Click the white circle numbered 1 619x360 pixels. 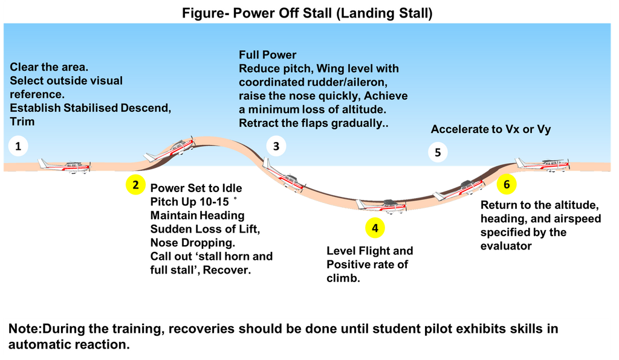(x=19, y=146)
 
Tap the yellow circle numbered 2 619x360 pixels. (x=135, y=185)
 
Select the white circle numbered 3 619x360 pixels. (x=276, y=146)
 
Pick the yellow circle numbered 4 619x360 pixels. (x=375, y=228)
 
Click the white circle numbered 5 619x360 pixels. (x=438, y=152)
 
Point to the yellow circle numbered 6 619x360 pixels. (x=507, y=185)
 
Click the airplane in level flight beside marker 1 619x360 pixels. (x=65, y=166)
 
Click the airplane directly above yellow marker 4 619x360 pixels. (x=381, y=205)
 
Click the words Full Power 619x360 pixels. (x=268, y=56)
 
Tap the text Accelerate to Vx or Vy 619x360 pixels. (x=490, y=129)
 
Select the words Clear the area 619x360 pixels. (x=53, y=67)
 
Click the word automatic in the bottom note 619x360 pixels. (x=34, y=344)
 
